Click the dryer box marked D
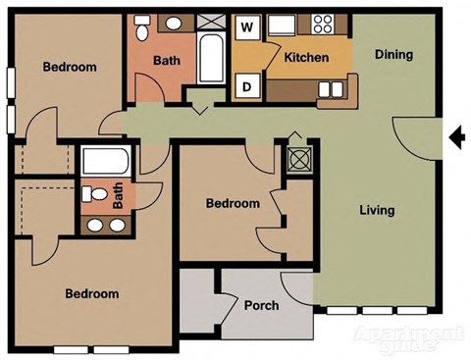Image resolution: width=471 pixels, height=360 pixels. tap(246, 86)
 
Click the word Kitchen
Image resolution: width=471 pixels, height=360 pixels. tap(306, 58)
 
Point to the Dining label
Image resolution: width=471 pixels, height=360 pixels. tap(392, 55)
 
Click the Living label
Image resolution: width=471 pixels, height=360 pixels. tap(377, 210)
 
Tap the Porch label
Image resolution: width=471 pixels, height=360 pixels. tap(262, 305)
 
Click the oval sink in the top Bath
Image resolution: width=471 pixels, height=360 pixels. tap(173, 24)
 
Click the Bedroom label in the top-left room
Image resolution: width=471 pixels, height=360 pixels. tap(70, 67)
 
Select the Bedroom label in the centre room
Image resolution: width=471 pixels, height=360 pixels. tap(233, 204)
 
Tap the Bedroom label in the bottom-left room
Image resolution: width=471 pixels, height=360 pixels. tap(91, 293)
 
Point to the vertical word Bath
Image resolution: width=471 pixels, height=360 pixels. tap(119, 200)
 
